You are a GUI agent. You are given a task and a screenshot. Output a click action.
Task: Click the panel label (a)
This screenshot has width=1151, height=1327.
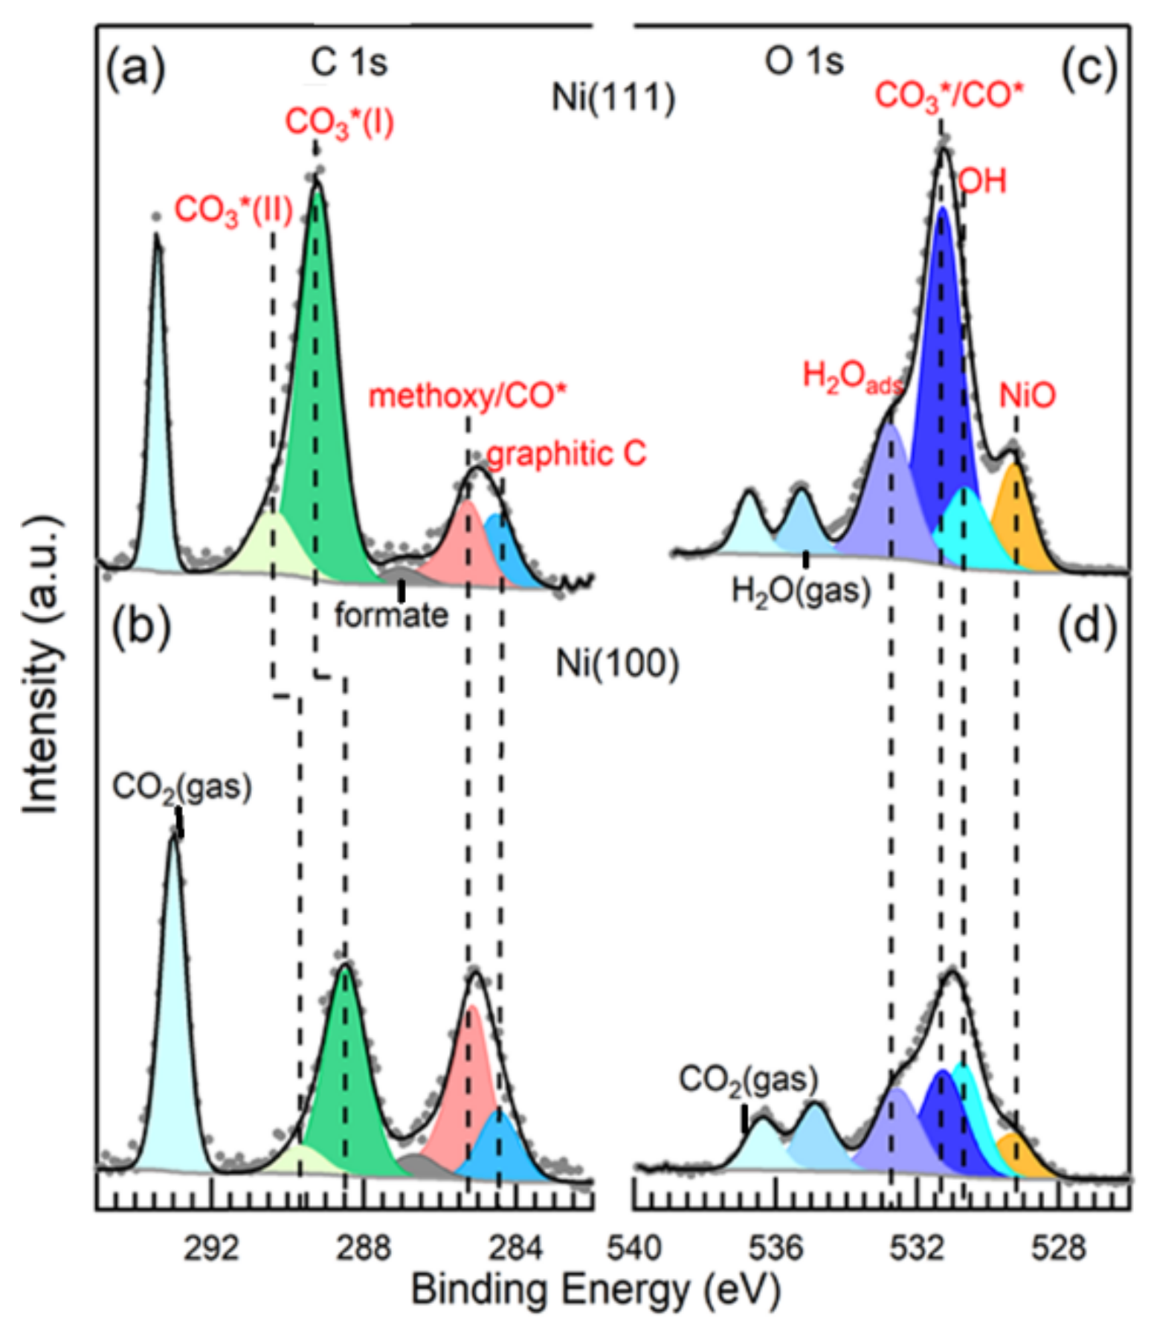(135, 70)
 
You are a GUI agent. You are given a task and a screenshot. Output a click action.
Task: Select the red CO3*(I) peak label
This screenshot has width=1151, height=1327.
(339, 123)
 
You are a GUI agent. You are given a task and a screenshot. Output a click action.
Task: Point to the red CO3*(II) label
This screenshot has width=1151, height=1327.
(233, 211)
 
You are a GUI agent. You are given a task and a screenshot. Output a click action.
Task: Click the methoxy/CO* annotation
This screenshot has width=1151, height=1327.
(467, 396)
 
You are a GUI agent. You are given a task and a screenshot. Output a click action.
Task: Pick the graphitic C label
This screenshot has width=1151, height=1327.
(567, 454)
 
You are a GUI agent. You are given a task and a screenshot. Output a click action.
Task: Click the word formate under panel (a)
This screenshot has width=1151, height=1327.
(391, 616)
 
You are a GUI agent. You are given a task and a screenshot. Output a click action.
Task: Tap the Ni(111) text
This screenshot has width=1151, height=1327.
(613, 97)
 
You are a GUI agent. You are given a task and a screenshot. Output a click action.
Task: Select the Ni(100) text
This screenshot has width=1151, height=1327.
(617, 663)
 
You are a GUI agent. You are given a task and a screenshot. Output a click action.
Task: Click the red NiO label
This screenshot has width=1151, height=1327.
(1027, 396)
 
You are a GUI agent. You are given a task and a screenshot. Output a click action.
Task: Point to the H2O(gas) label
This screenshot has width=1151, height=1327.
(801, 592)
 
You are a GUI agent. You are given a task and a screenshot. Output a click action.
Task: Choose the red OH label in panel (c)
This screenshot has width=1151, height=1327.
(982, 181)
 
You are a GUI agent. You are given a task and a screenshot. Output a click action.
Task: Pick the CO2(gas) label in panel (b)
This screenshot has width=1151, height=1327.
(181, 788)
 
